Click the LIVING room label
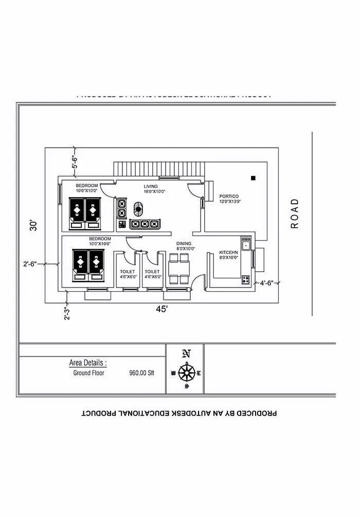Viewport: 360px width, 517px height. [x=151, y=186]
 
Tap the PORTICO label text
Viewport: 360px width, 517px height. [x=229, y=197]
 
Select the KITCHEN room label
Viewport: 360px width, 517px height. [x=229, y=252]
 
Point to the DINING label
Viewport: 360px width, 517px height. [x=184, y=243]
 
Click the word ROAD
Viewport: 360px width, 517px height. [x=295, y=213]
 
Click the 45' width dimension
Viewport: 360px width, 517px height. [x=163, y=309]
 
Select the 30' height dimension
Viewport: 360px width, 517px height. [x=33, y=225]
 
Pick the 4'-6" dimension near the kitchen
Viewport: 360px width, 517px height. [x=268, y=283]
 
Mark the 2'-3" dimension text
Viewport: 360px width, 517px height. [x=66, y=313]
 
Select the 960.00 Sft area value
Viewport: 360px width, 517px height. [x=141, y=373]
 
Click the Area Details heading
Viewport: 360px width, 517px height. [x=88, y=363]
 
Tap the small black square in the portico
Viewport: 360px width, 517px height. [x=253, y=178]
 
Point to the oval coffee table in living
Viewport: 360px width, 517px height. [x=138, y=209]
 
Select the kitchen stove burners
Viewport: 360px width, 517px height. [x=246, y=280]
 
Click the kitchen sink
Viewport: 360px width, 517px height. [x=246, y=244]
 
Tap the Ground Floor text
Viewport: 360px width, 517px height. [x=88, y=373]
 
